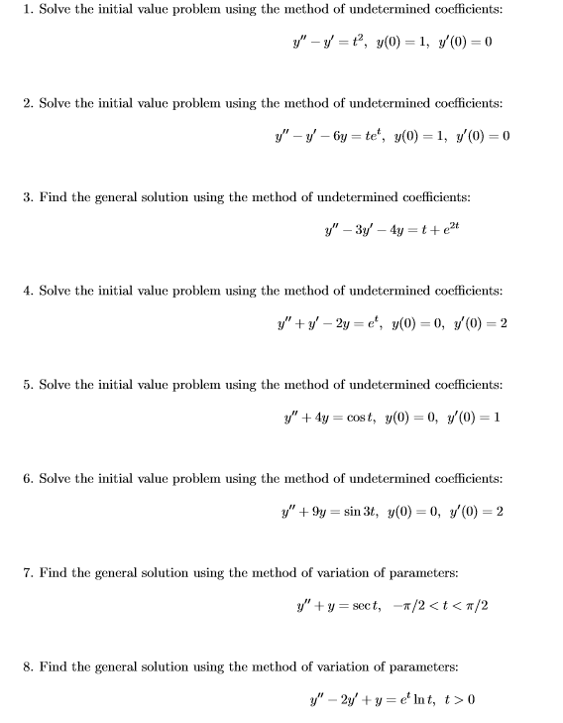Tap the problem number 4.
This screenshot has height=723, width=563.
pos(28,291)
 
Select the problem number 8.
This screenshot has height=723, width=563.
pos(28,666)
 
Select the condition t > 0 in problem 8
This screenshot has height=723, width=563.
pos(458,700)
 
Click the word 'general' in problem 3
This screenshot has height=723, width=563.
pos(111,197)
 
